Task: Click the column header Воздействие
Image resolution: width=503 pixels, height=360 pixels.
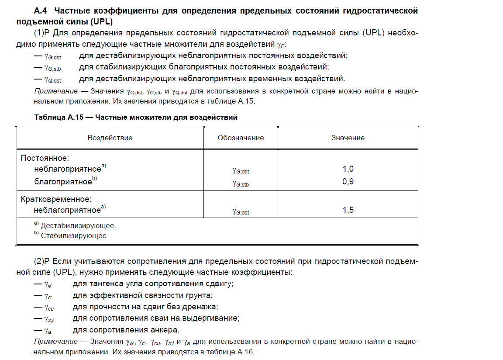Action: (x=110, y=138)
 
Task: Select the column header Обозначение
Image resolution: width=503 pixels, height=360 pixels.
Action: (x=241, y=138)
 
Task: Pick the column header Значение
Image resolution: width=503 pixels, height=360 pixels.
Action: (x=348, y=138)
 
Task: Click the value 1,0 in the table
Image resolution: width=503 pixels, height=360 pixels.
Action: (x=348, y=169)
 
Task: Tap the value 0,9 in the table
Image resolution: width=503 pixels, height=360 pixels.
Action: (x=348, y=181)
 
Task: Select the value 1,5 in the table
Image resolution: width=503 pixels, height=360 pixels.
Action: (x=348, y=210)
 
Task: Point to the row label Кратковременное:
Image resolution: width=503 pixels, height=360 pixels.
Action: (x=56, y=199)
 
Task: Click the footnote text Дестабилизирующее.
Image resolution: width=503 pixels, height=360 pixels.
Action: (x=78, y=226)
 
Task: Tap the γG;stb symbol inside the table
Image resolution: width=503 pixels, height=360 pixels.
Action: (x=241, y=184)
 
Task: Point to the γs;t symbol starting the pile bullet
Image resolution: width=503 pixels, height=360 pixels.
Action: (x=49, y=318)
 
